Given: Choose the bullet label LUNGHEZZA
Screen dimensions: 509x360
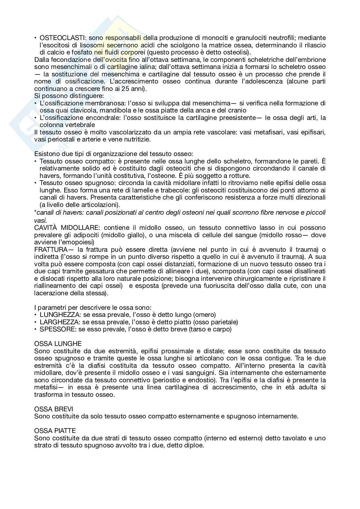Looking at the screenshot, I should [58, 315].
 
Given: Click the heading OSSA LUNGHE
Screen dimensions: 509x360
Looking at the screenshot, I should [58, 344].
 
